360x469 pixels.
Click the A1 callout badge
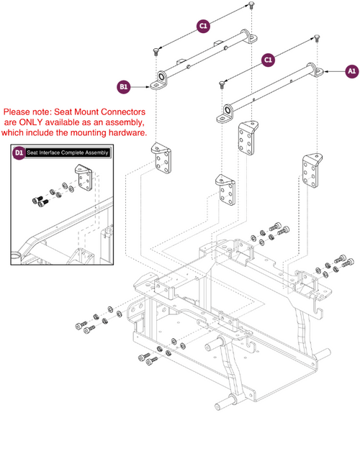click(x=351, y=71)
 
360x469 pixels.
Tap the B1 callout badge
click(x=123, y=86)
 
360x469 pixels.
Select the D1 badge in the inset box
click(x=19, y=153)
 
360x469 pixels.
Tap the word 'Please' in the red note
click(x=19, y=112)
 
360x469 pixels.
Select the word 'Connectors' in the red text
click(x=121, y=112)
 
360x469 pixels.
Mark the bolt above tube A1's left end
click(x=221, y=84)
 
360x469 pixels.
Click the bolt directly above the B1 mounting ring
click(x=156, y=51)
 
